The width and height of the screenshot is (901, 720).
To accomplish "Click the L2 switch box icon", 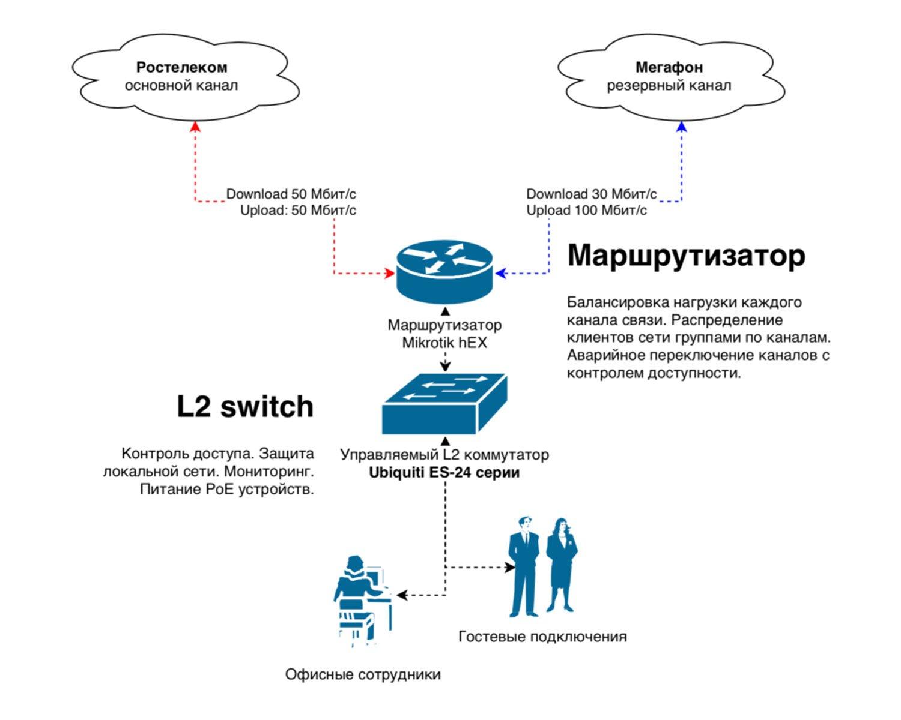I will point(444,404).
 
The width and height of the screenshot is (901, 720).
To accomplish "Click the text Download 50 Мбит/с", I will point(291,194).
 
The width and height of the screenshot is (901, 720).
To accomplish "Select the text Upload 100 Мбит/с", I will point(586,210).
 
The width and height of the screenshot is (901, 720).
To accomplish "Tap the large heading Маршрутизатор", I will point(686,255).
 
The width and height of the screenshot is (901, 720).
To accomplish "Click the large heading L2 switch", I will point(245,407).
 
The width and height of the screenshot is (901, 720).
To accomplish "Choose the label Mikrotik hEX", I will point(444,343).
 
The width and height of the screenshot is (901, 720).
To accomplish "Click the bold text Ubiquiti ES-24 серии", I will point(444,472).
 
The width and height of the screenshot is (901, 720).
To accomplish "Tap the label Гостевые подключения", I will point(542,636).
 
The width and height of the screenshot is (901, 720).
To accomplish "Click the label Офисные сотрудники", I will point(363,674).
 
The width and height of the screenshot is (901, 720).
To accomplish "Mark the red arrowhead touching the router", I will point(389,274).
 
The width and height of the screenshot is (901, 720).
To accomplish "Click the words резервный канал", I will point(669,85).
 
